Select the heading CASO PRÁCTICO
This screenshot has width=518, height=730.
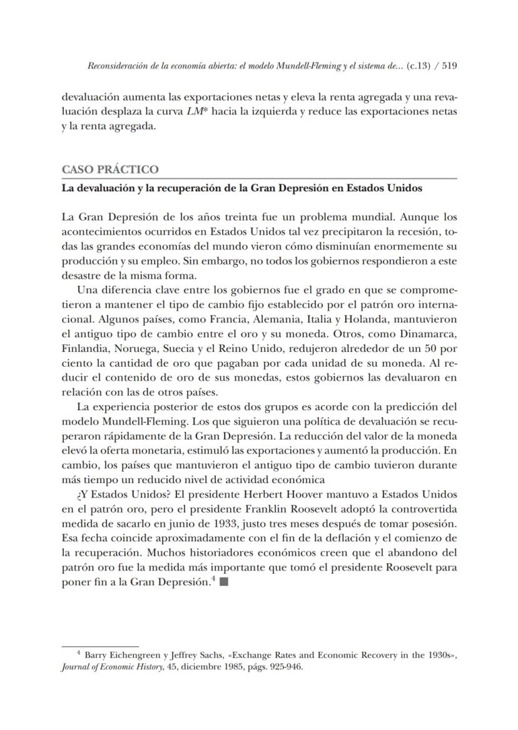[110, 169]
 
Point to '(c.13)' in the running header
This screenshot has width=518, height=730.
[419, 66]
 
